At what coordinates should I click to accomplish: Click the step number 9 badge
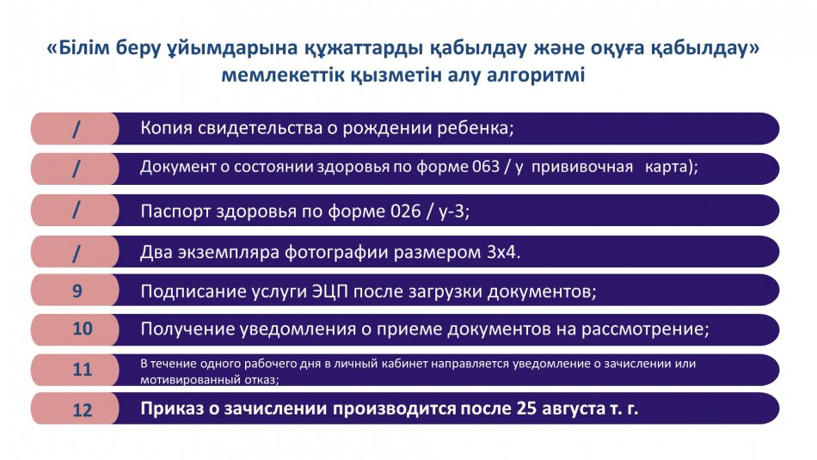[x=77, y=290]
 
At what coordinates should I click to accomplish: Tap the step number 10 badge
[x=83, y=328]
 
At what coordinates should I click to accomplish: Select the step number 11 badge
[x=83, y=370]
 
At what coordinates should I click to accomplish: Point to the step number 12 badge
[x=83, y=409]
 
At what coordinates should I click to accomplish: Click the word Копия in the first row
[x=166, y=128]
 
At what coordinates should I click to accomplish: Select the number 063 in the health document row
[x=486, y=167]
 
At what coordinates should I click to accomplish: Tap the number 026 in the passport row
[x=405, y=211]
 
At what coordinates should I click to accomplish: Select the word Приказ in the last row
[x=172, y=408]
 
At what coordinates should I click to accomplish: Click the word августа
[x=574, y=409]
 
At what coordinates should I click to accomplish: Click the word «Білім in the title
[x=78, y=48]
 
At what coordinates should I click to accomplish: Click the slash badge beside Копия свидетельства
[x=76, y=129]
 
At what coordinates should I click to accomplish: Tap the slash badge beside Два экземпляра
[x=76, y=253]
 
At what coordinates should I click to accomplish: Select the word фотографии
[x=336, y=253]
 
